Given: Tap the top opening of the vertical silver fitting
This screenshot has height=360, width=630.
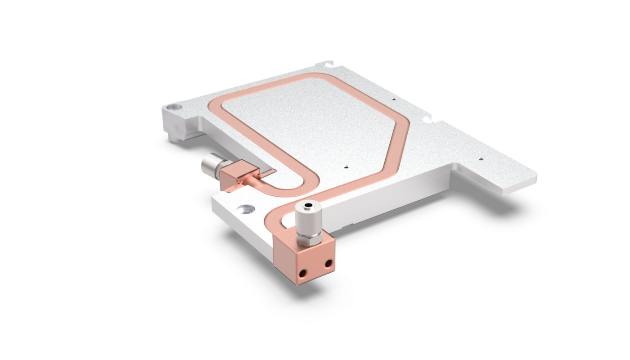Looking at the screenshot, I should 308,207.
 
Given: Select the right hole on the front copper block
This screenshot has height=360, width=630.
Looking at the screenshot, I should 328,263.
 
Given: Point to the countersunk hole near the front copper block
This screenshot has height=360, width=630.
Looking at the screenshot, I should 246,208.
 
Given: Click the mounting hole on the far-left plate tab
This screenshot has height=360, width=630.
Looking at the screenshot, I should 173,108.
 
